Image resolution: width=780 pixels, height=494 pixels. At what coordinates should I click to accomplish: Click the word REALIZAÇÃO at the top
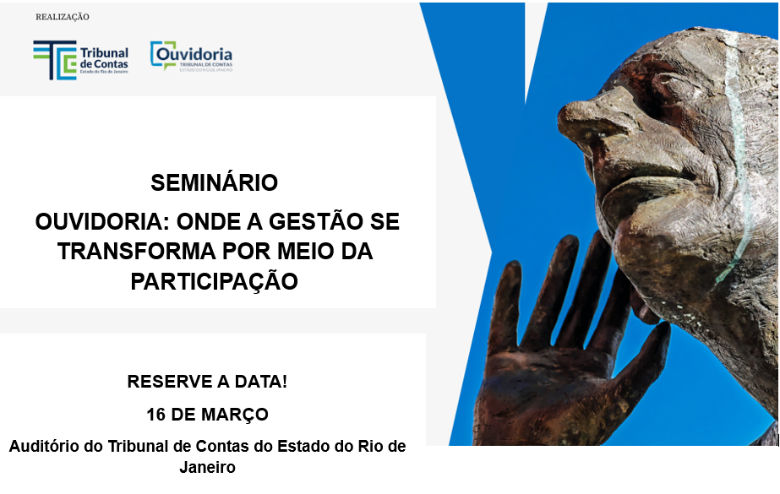pos(62,17)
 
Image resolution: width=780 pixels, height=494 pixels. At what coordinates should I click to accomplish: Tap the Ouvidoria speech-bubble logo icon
pos(163,55)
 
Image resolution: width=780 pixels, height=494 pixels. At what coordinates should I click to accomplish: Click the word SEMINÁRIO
pos(214,183)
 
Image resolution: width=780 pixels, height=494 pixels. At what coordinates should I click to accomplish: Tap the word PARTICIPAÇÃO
pos(214,281)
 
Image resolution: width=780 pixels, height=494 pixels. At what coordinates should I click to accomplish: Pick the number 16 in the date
pos(155,415)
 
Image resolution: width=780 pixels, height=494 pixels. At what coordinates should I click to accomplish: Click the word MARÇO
pos(240,415)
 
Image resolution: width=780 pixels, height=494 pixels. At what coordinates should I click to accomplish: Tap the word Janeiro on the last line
pos(207,466)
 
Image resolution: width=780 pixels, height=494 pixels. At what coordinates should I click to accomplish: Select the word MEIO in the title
pos(312,252)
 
